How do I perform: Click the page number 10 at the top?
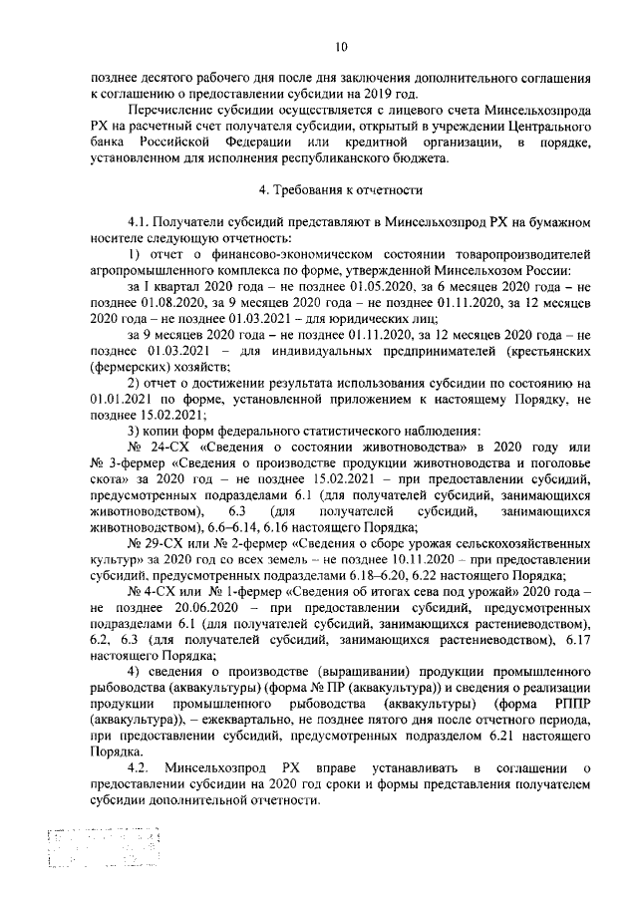click(x=341, y=45)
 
